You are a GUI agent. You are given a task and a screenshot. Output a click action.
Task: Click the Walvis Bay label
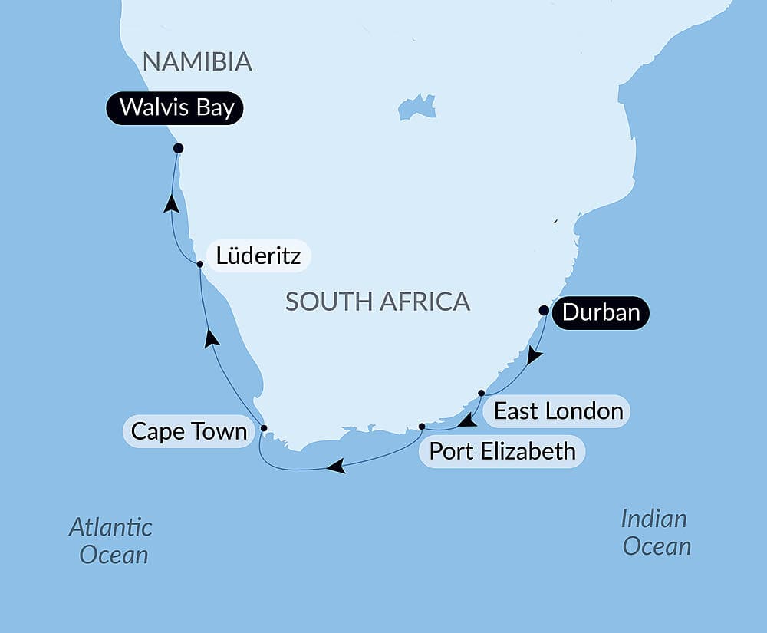pos(174,107)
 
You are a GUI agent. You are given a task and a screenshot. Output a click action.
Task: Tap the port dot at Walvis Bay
pos(178,148)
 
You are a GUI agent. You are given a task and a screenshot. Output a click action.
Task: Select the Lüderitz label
pos(257,256)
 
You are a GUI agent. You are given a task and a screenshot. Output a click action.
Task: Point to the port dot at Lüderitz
pos(200,264)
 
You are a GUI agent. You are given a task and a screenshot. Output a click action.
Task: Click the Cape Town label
pos(189,431)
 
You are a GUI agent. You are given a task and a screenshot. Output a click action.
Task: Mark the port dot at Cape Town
pos(264,428)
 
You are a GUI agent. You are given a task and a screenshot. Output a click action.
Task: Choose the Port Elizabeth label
pos(502,450)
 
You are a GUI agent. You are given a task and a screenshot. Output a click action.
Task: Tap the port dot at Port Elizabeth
pos(422,426)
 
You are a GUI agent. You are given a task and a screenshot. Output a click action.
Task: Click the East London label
pos(558,411)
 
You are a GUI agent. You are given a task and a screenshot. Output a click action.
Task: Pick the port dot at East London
pos(481,393)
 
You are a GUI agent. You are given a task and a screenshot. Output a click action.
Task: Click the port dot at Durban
pos(544,311)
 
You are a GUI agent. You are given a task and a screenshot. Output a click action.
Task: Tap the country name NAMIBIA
pos(197,62)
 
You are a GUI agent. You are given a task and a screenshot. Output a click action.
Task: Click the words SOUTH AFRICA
pos(377,302)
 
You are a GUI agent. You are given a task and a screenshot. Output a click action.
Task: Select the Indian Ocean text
pos(655,532)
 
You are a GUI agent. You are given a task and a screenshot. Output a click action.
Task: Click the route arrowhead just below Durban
pos(535,355)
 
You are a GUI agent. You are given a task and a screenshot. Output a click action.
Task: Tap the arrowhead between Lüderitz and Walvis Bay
pos(172,203)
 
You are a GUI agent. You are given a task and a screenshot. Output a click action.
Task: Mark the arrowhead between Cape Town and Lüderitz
pos(212,338)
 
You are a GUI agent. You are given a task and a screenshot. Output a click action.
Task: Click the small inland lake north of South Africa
pos(416,107)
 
